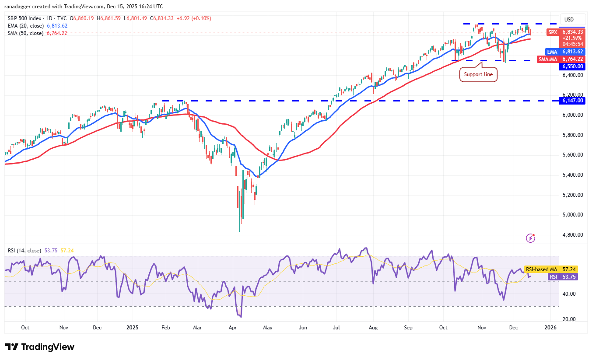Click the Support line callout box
[x=478, y=74]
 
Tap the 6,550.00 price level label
[x=573, y=66]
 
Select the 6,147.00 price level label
[x=573, y=101]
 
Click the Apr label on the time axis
[x=233, y=327]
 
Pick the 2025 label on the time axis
[x=132, y=327]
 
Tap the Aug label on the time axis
[x=373, y=327]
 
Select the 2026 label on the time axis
[x=550, y=327]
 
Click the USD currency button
[x=569, y=20]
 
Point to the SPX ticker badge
[x=553, y=32]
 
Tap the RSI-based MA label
[x=541, y=269]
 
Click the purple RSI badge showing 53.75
[x=553, y=276]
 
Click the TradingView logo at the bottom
[x=40, y=347]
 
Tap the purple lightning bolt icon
[x=530, y=238]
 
